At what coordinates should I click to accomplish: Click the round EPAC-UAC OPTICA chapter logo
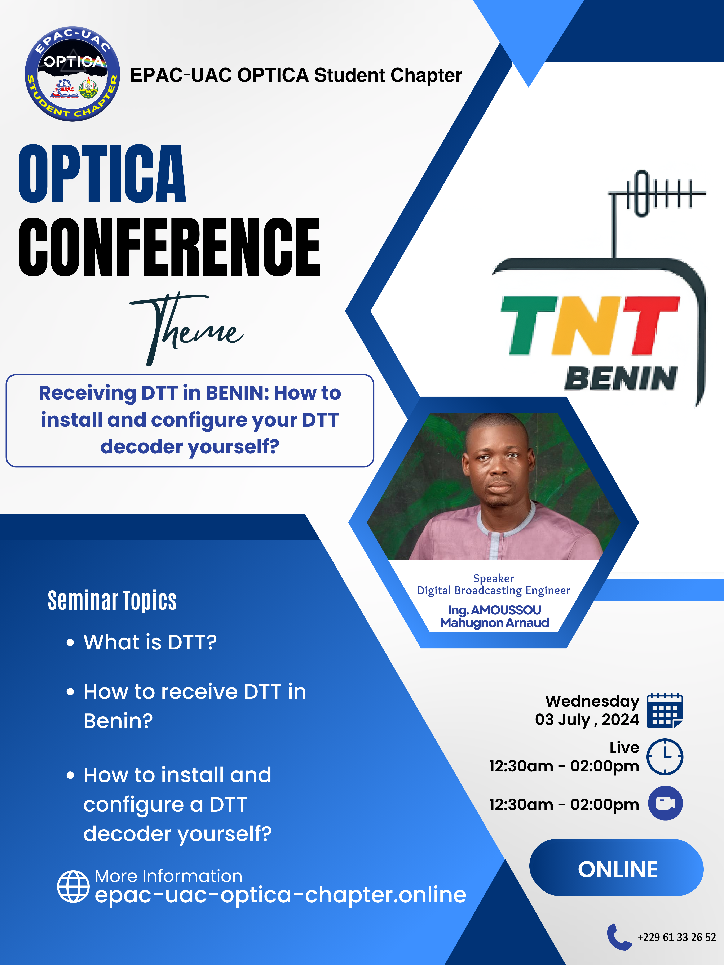click(x=72, y=74)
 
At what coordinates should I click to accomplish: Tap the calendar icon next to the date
click(x=665, y=710)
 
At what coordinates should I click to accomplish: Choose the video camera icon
click(x=665, y=803)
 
